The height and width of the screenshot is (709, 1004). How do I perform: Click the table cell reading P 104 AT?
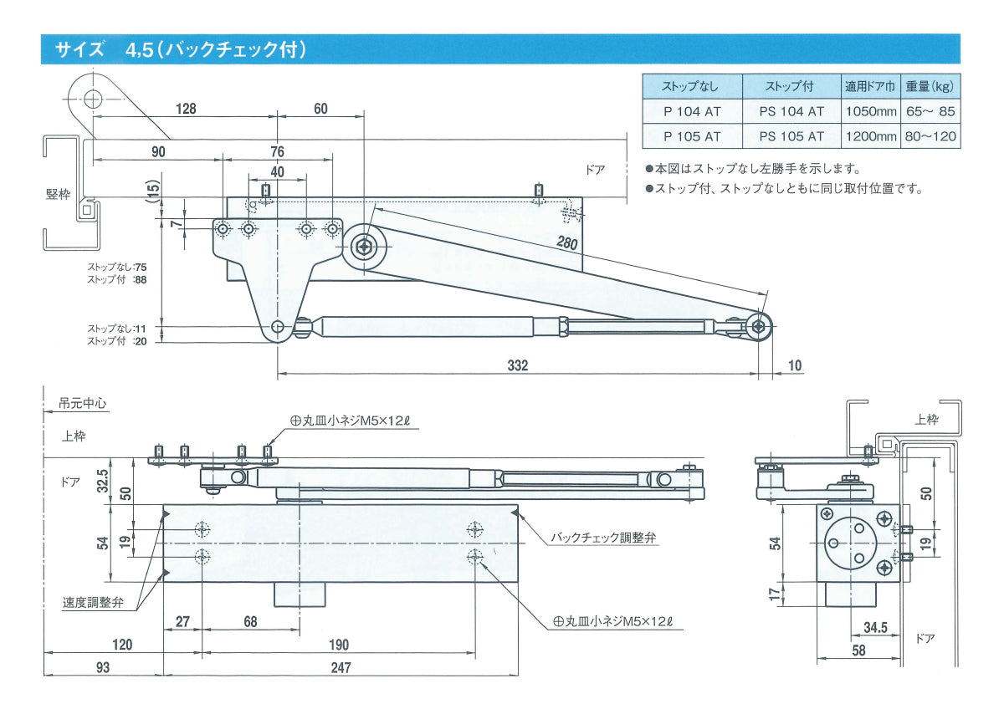click(x=691, y=111)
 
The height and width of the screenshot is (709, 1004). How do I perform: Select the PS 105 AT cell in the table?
click(x=791, y=136)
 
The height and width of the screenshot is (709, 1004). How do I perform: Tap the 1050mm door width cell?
click(x=870, y=111)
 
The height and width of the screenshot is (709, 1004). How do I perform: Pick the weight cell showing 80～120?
click(x=930, y=136)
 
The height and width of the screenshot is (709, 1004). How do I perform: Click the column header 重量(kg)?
click(x=930, y=86)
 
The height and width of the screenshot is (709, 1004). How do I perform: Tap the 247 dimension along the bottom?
click(x=341, y=666)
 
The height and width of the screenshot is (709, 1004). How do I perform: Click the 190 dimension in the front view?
click(x=339, y=644)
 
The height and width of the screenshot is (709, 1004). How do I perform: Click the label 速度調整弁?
click(x=93, y=602)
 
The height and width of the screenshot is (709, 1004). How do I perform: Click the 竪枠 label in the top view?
click(x=58, y=195)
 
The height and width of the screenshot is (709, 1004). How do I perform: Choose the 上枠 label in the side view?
click(x=926, y=420)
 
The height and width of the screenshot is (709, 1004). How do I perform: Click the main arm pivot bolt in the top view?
click(x=365, y=246)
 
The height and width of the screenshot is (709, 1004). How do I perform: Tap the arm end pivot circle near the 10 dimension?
click(x=760, y=327)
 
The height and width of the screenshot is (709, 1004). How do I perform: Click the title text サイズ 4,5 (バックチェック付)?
click(x=181, y=49)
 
